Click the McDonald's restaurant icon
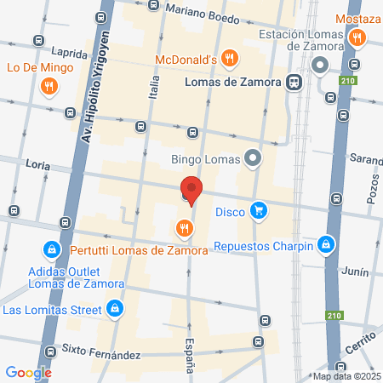(x=228, y=59)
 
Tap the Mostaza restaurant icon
(x=357, y=37)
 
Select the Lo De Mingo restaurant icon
(x=49, y=85)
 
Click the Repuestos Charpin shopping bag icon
(x=324, y=246)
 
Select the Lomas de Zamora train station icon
(x=294, y=83)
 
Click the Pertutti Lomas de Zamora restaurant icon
(x=183, y=228)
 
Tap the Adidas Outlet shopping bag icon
(x=52, y=250)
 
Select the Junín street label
(x=357, y=272)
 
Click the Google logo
(x=28, y=372)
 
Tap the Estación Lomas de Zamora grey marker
(x=320, y=66)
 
